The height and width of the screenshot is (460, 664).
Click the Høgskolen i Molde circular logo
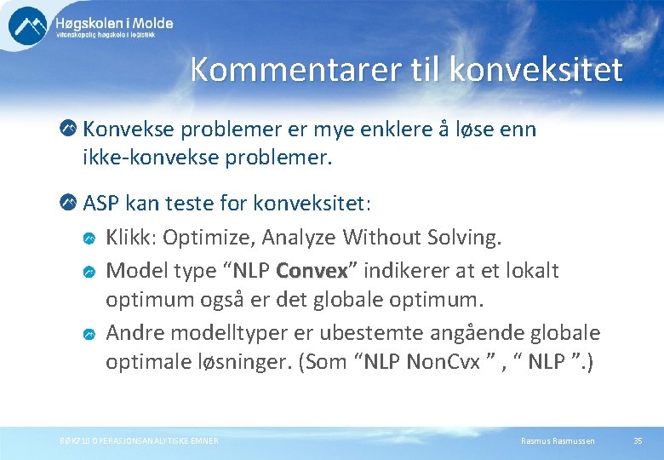28,26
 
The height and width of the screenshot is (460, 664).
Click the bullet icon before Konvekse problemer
68,129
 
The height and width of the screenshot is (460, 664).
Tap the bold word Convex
312,271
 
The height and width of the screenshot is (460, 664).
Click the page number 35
638,440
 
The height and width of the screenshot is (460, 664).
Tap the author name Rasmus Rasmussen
558,440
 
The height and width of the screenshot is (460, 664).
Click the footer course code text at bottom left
138,440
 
